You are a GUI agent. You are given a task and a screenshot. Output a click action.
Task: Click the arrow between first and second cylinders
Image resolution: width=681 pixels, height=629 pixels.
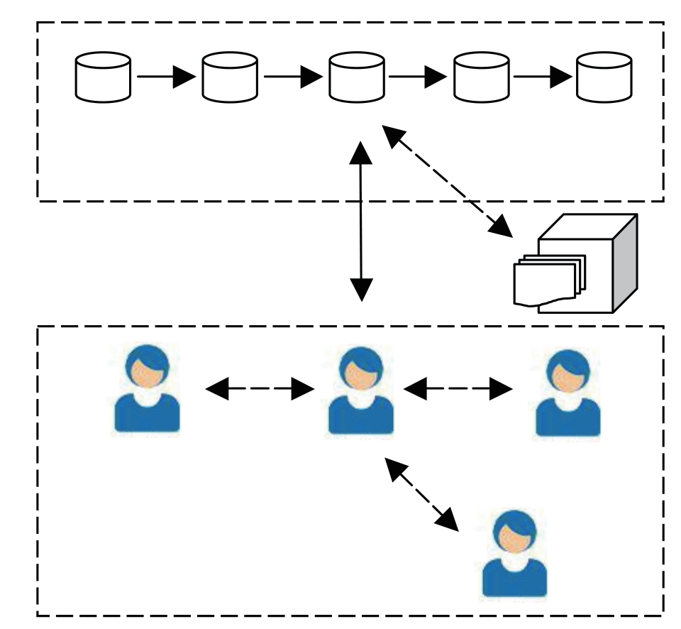[166, 77]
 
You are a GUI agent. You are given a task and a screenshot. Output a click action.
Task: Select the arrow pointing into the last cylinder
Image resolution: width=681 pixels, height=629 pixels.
[543, 77]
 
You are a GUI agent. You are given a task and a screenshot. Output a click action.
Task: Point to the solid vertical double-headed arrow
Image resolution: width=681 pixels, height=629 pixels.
[362, 220]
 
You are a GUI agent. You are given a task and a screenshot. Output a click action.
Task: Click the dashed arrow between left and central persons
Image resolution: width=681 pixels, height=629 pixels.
[260, 388]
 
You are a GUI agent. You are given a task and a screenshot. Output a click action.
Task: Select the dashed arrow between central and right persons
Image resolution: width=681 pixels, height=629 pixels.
[458, 388]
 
